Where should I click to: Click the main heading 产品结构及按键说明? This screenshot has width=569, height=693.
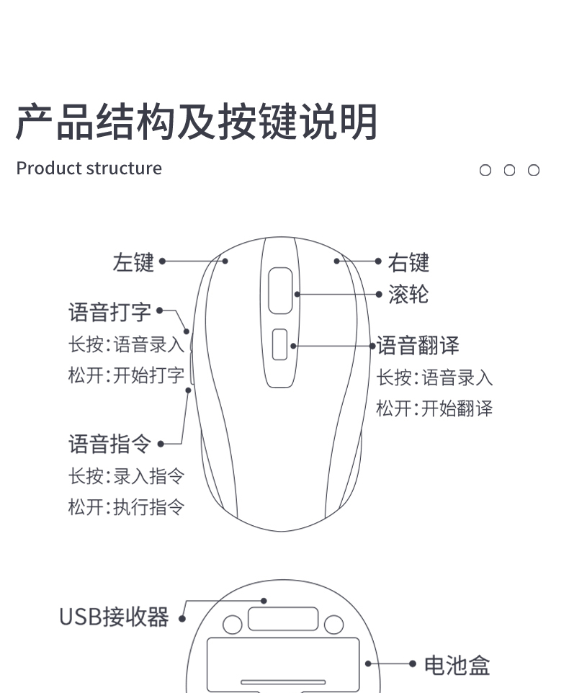coord(197,122)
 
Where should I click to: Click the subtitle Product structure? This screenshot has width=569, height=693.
coord(89,169)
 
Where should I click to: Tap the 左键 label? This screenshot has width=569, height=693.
coord(133,262)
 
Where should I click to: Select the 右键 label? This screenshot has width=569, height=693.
coord(408,263)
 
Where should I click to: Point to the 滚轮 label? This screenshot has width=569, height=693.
coord(408,295)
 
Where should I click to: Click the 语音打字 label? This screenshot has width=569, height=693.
coord(110,312)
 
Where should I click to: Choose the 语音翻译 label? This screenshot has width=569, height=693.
coord(418,346)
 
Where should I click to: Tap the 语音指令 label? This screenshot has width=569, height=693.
coord(110,444)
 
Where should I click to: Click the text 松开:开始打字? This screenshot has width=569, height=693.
coord(126,375)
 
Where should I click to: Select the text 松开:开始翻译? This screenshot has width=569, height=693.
coord(434,408)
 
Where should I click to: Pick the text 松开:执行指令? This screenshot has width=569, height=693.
coord(126,507)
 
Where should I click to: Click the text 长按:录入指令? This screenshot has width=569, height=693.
coord(126,476)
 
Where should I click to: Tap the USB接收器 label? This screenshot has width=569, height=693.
coord(114,617)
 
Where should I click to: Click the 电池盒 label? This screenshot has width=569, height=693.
coord(457,665)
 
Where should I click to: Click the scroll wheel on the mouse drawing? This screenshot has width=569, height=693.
coord(281,291)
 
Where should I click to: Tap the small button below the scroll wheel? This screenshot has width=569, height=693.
coord(280,344)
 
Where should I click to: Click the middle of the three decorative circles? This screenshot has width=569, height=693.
coord(509,171)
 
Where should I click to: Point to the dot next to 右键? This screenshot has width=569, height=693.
coord(379,261)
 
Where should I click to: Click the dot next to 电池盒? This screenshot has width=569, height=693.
coord(413,663)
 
